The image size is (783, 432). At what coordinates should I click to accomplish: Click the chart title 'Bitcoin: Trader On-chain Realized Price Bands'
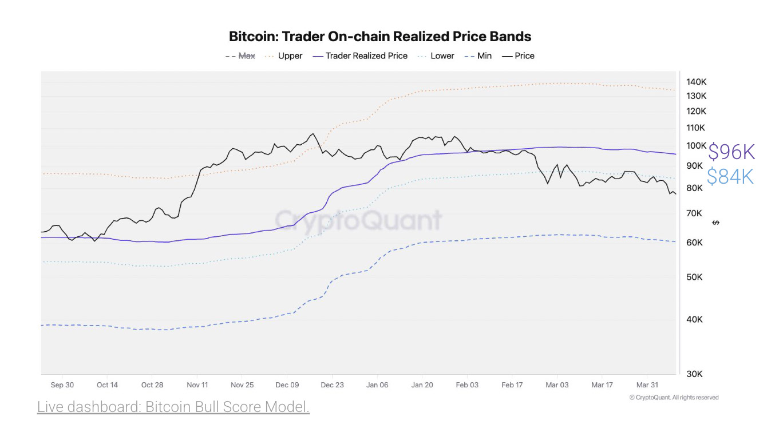pyautogui.click(x=380, y=37)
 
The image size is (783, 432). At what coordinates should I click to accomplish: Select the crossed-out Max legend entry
pyautogui.click(x=240, y=56)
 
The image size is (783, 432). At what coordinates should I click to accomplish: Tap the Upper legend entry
pyautogui.click(x=283, y=56)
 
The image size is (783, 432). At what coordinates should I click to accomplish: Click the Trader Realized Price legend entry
pyautogui.click(x=360, y=56)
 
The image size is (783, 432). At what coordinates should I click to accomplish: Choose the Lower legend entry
pyautogui.click(x=436, y=56)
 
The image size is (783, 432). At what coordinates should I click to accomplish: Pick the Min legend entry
pyautogui.click(x=478, y=56)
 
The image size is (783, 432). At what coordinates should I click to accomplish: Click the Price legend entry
pyautogui.click(x=518, y=56)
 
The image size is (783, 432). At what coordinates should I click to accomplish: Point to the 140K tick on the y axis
pyautogui.click(x=696, y=82)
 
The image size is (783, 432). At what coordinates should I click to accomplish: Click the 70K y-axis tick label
pyautogui.click(x=694, y=213)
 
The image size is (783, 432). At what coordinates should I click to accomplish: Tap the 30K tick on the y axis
pyautogui.click(x=694, y=374)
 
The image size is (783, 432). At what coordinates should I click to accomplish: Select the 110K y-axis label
pyautogui.click(x=695, y=128)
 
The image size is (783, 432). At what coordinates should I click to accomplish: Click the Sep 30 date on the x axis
pyautogui.click(x=62, y=385)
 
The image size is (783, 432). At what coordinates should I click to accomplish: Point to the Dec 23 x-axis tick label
pyautogui.click(x=332, y=385)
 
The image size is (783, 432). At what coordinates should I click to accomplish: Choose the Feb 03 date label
pyautogui.click(x=467, y=385)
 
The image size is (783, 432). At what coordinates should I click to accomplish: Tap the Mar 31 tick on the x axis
pyautogui.click(x=647, y=385)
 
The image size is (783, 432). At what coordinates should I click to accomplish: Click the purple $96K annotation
pyautogui.click(x=731, y=152)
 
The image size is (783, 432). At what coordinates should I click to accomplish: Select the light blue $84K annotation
pyautogui.click(x=730, y=176)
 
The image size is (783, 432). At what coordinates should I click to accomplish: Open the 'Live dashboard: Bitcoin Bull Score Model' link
pyautogui.click(x=173, y=407)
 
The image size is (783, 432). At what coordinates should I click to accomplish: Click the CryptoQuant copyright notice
pyautogui.click(x=674, y=398)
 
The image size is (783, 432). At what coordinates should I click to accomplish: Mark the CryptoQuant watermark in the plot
pyautogui.click(x=358, y=220)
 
